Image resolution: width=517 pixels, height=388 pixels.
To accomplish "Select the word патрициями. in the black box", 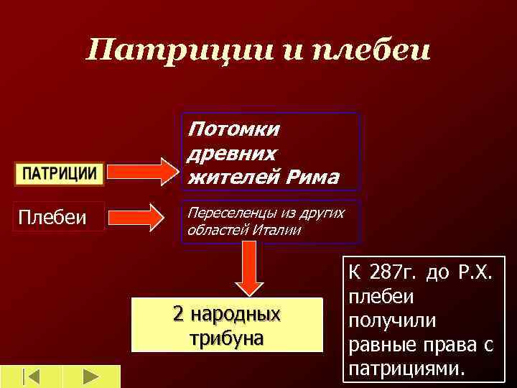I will pyautogui.click(x=407, y=368).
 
